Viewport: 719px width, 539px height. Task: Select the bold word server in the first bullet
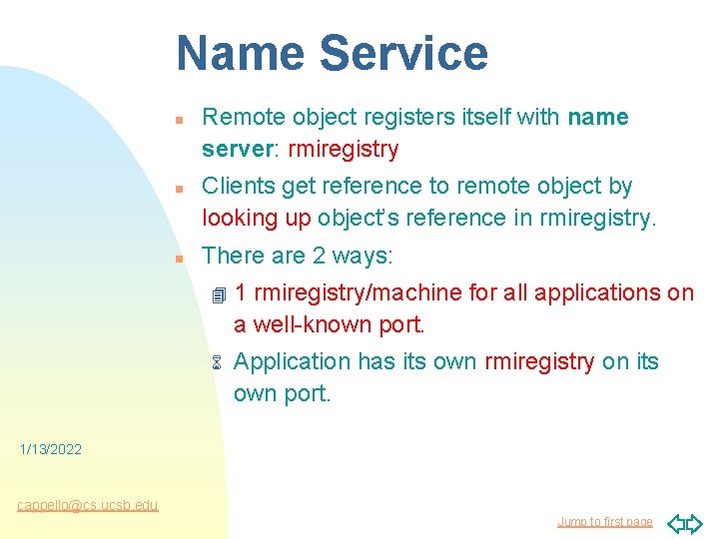coord(232,150)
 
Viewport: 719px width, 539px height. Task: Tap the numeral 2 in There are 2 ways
coord(319,256)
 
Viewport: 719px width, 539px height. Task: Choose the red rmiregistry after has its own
coord(539,361)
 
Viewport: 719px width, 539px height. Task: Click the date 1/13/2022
coord(51,450)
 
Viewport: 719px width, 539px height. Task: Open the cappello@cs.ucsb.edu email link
coord(88,505)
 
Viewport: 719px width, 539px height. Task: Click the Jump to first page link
coord(604,521)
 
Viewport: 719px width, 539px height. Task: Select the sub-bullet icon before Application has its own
coord(214,362)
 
